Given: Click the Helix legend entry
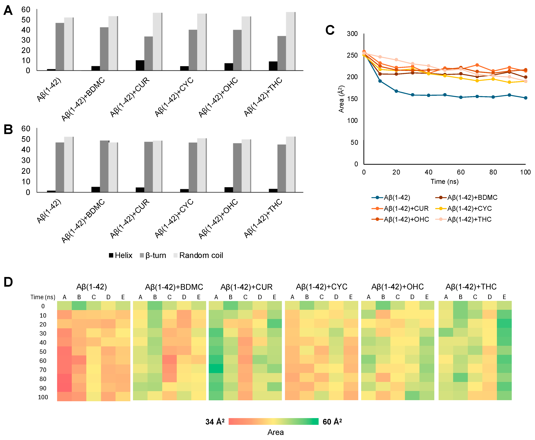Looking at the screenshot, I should point(121,255).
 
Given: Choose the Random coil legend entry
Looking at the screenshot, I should point(198,255).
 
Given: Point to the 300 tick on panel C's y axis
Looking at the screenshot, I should point(352,34).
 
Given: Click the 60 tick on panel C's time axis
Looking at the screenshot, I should point(461,172).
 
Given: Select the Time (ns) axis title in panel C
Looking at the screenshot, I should point(444,182).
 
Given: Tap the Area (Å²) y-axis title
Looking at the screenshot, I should point(341,99).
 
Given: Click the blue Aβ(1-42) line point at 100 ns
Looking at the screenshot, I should point(525,98).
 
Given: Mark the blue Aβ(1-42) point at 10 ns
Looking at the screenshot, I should point(380,81).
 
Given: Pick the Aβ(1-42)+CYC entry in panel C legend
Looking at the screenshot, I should point(463,208).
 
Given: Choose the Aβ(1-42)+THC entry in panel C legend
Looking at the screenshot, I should point(463,219).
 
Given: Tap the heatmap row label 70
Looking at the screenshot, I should point(43,370).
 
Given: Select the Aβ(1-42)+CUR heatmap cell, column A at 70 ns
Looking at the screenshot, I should point(216,368).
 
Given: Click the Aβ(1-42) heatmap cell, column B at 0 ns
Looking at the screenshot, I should point(79,305).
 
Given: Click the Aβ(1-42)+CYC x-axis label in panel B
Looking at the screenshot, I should point(174,218).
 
